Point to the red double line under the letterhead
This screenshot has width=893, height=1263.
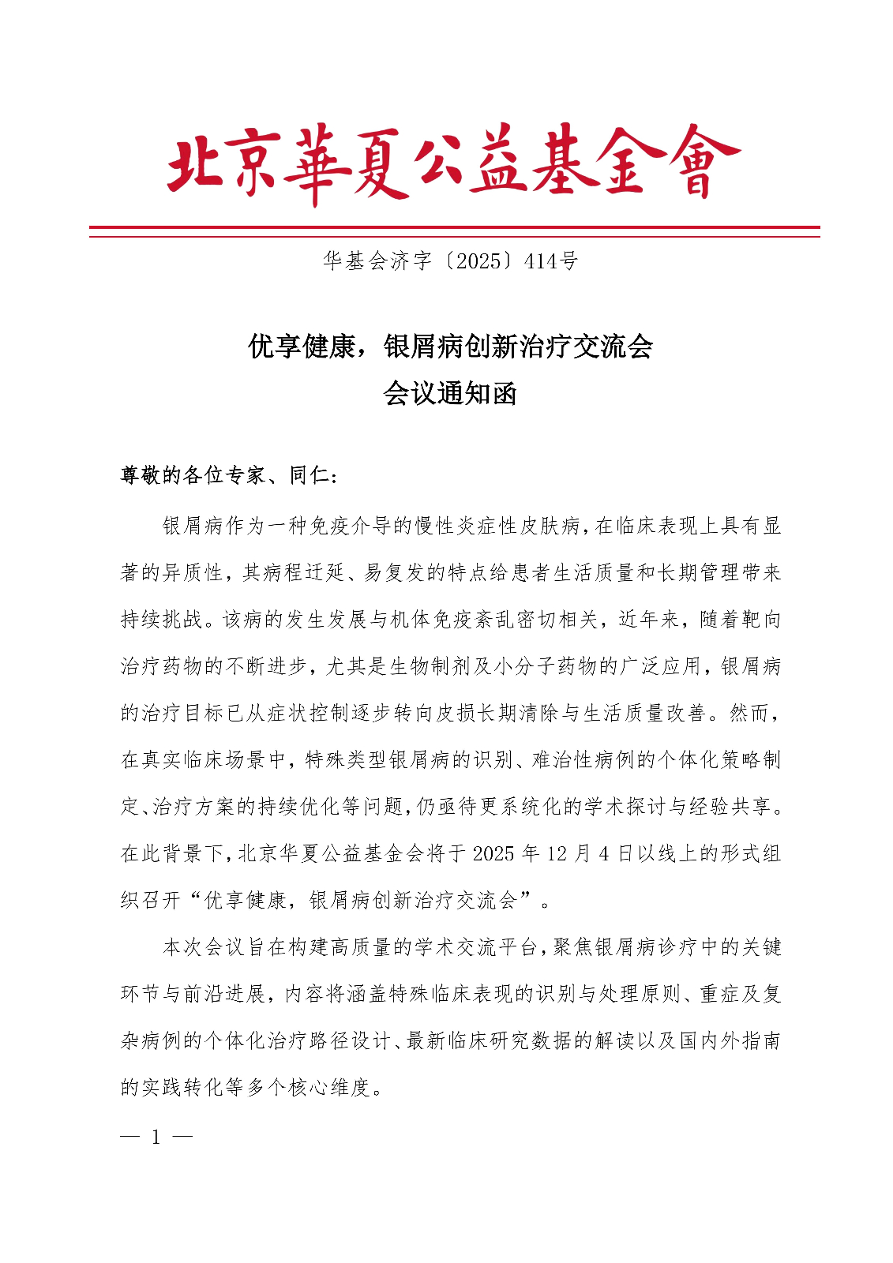pos(454,231)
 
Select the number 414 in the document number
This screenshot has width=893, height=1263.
pos(542,261)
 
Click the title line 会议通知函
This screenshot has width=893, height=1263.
pos(449,392)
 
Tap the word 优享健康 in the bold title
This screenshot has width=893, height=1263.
pos(302,346)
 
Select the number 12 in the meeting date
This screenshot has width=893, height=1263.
pos(557,854)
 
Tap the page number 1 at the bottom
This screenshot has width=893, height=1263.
pos(156,1137)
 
